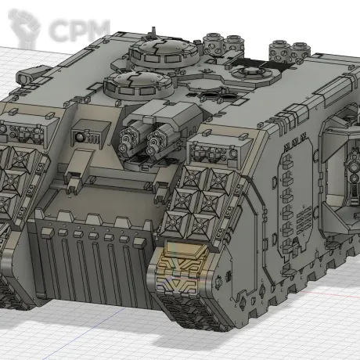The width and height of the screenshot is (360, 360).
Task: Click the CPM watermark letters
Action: tap(80, 31)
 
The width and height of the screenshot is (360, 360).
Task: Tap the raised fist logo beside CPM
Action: tap(24, 28)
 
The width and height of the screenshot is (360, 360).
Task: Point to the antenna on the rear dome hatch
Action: tap(153, 32)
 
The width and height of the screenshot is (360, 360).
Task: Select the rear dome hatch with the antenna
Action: tap(164, 52)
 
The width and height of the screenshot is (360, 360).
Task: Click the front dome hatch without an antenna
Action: tap(138, 84)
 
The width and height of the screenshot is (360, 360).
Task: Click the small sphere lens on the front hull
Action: tap(79, 137)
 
